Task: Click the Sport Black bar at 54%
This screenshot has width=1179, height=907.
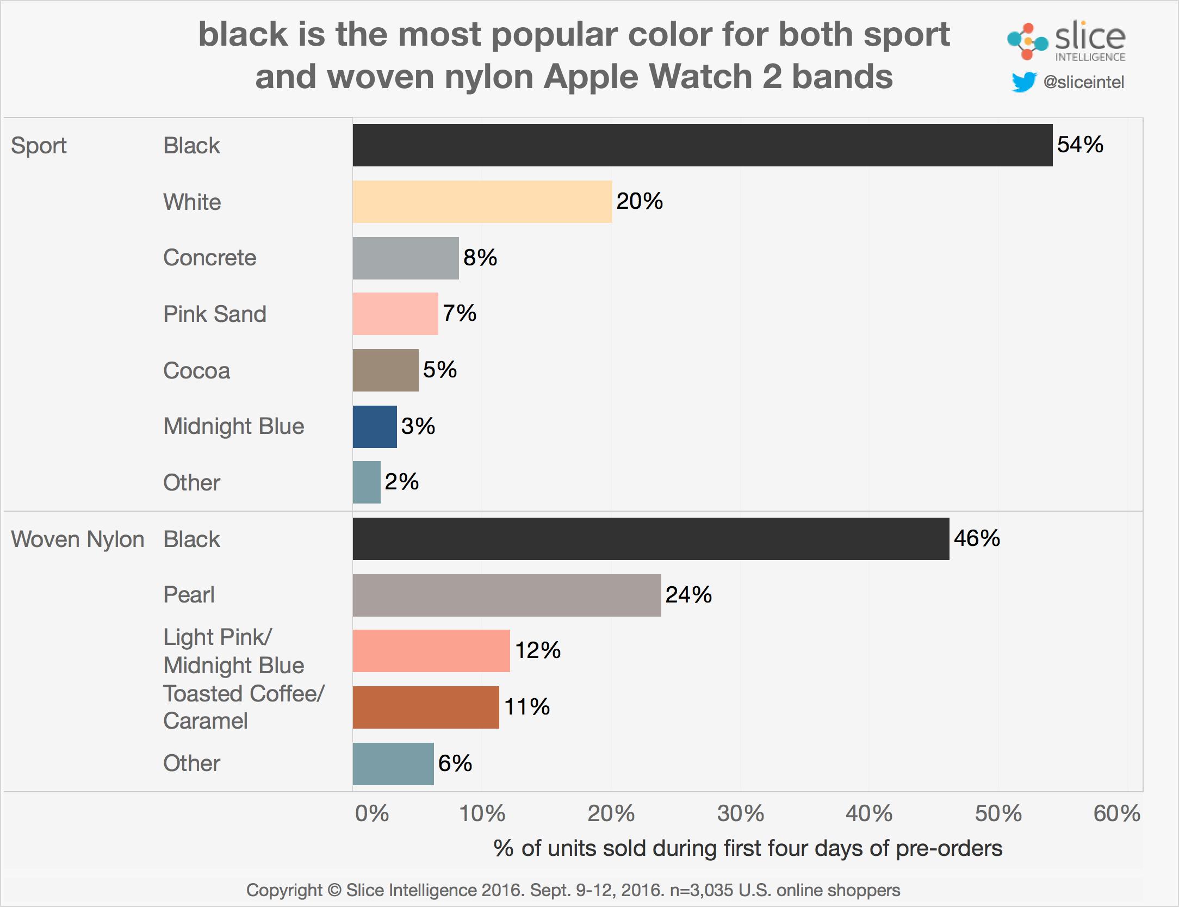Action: pos(702,145)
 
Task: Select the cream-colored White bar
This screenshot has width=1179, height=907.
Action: pos(482,202)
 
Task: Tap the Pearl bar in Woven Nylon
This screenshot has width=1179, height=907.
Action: pos(506,595)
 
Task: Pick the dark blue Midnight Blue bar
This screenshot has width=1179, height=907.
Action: pos(374,427)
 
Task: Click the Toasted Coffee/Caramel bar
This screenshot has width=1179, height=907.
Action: pos(425,707)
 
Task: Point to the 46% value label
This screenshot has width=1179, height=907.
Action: pos(977,538)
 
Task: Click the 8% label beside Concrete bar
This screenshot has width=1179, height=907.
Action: pos(480,258)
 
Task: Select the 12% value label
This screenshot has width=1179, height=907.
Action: pos(537,650)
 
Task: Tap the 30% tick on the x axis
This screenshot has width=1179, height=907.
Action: pos(740,813)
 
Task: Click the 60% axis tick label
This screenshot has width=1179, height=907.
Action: pos(1116,813)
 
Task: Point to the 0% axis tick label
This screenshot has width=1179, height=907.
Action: pos(372,813)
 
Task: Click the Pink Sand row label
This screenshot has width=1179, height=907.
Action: pos(215,314)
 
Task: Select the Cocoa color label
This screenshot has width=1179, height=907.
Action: pos(196,371)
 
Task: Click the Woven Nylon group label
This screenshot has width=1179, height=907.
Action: pos(77,539)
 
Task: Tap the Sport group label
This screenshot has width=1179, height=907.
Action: pos(39,146)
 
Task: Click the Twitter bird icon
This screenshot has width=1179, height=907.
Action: pos(1023,83)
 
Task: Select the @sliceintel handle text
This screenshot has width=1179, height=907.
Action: pos(1083,82)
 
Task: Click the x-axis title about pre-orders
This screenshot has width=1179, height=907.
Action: pos(747,848)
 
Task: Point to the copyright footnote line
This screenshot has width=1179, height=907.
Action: pos(573,890)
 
